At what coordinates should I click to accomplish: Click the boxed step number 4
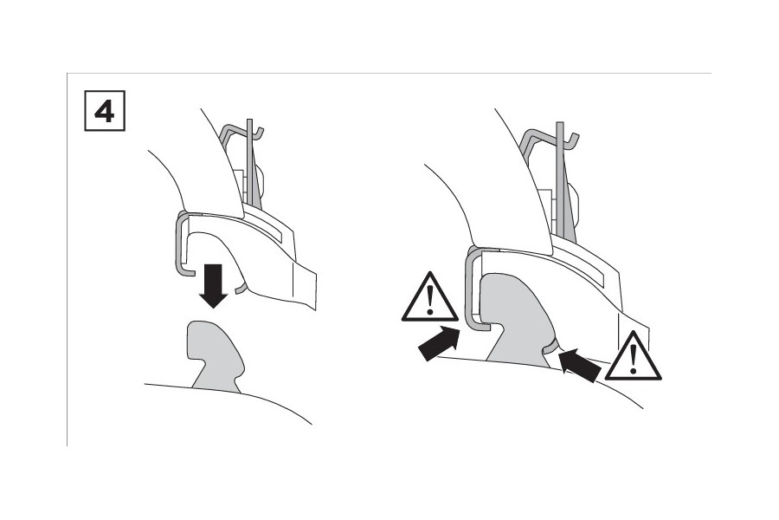105,111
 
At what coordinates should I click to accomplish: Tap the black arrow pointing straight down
213,286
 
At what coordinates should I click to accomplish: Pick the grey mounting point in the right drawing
517,321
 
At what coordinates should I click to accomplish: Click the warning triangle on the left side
429,297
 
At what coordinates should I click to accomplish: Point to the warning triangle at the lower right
633,357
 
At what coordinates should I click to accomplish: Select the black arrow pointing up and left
579,365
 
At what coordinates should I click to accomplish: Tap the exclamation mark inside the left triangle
430,301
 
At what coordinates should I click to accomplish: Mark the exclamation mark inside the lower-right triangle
633,360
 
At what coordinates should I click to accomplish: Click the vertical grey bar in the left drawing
250,163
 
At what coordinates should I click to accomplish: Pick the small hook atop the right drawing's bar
572,140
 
